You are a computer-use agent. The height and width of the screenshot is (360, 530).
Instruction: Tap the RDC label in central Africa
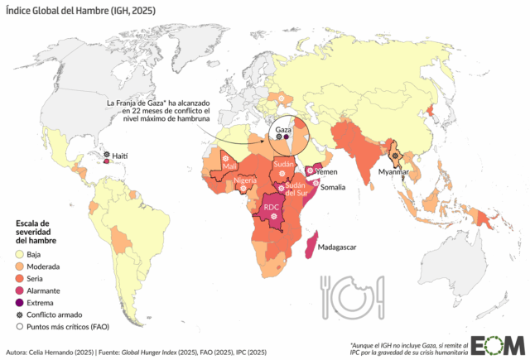272,207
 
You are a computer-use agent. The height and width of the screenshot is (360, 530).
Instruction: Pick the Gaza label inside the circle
283,132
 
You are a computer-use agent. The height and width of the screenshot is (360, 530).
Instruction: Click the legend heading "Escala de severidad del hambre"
38,232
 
